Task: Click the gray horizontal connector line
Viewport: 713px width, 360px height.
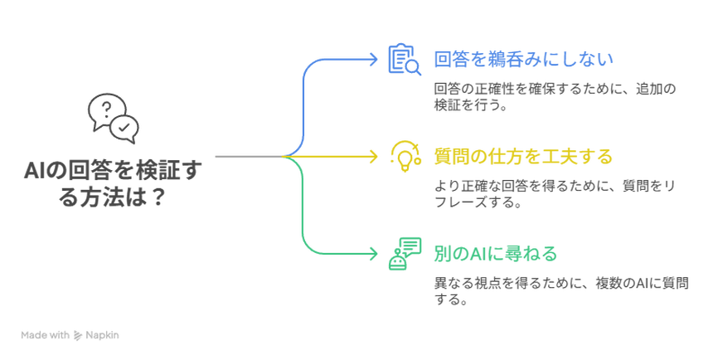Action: point(247,156)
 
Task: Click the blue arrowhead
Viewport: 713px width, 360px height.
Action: point(372,58)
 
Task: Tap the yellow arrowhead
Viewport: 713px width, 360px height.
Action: point(372,156)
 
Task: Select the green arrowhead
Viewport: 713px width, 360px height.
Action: point(372,252)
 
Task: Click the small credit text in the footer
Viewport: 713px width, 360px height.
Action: point(70,336)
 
